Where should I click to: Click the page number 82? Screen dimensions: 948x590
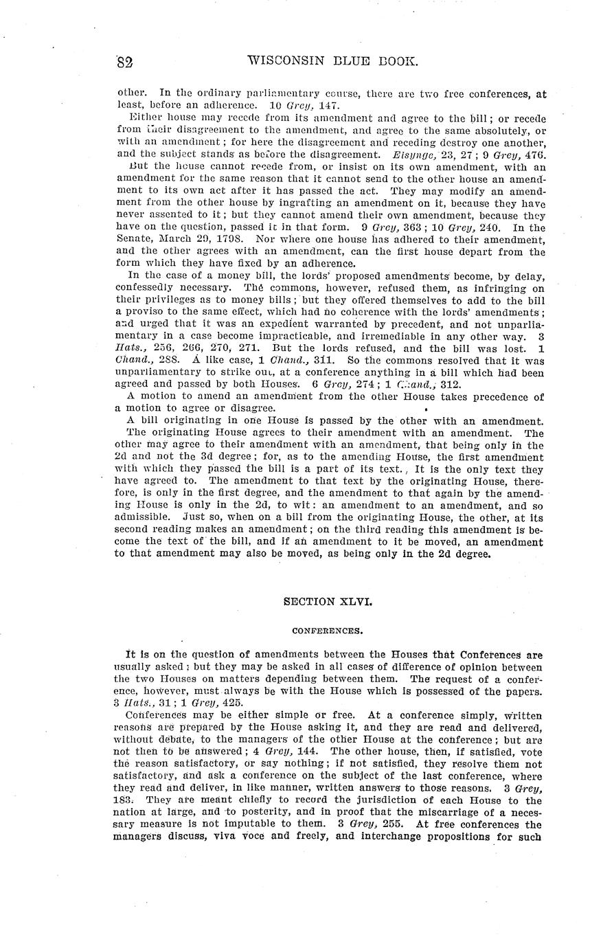[124, 61]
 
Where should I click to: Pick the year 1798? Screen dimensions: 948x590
[232, 240]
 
